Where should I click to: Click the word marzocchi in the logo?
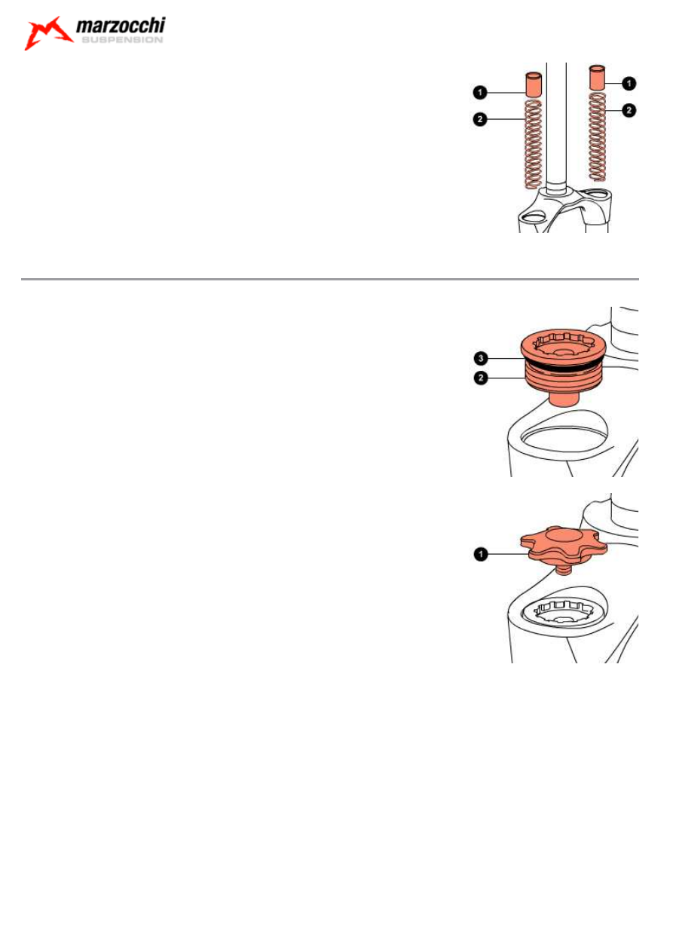(x=121, y=26)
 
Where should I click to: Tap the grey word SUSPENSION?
(x=122, y=40)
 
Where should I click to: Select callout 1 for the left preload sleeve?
(x=479, y=92)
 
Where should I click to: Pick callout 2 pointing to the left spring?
(x=479, y=119)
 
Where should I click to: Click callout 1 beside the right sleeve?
(x=629, y=84)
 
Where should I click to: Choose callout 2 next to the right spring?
(x=629, y=111)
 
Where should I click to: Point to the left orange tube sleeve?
(x=534, y=85)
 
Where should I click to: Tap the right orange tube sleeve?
(x=597, y=78)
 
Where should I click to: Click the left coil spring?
(x=534, y=144)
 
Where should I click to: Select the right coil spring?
(x=597, y=136)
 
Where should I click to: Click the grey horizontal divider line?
(x=329, y=279)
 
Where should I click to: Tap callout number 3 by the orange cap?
(x=481, y=358)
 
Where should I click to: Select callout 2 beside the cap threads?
(x=481, y=378)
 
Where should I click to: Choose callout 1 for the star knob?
(x=481, y=554)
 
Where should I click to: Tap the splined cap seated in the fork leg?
(x=564, y=613)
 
